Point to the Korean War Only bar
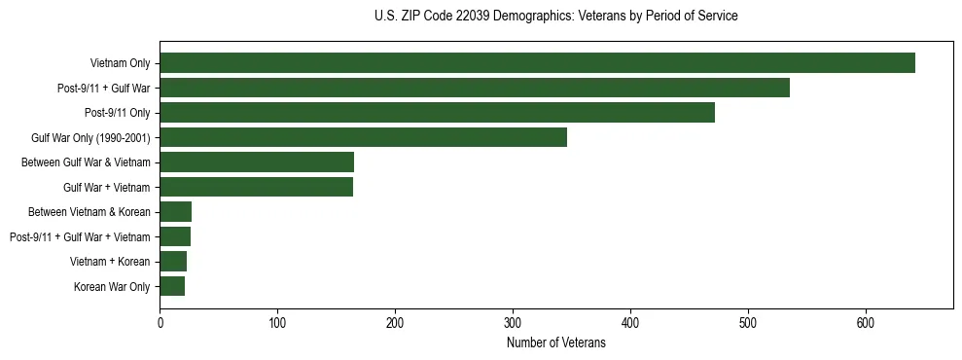(172, 286)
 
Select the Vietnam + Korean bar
(173, 261)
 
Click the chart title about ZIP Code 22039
(555, 17)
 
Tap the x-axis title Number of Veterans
(555, 343)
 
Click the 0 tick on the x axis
(160, 323)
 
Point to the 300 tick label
(513, 323)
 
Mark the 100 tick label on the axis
(277, 323)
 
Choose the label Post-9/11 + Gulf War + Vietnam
(80, 237)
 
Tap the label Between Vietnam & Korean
(89, 212)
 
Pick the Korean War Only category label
(112, 287)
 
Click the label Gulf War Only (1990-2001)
(90, 138)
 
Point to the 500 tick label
(748, 323)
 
